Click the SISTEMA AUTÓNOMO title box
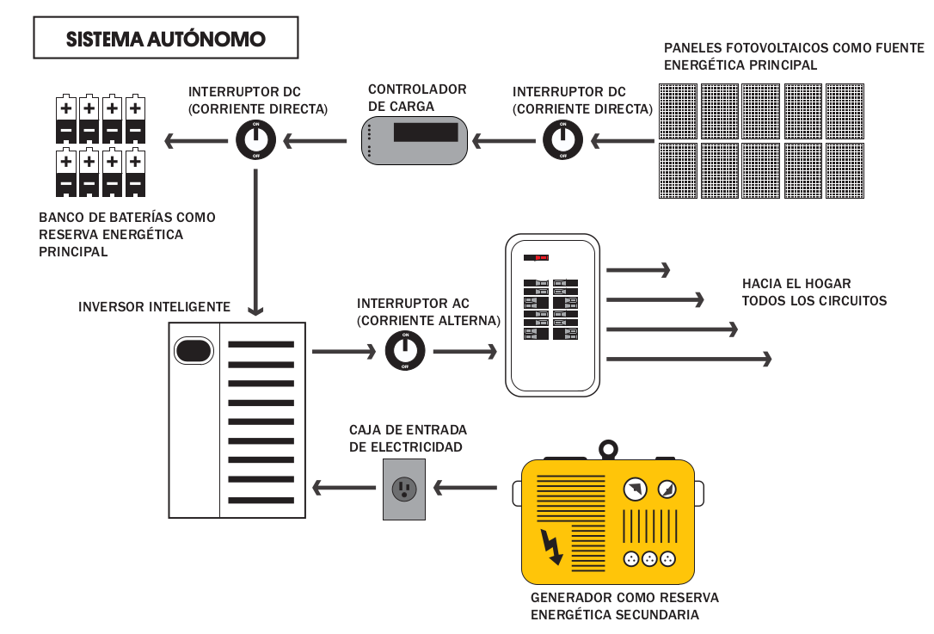[166, 40]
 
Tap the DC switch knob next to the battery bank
[255, 138]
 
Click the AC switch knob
[405, 351]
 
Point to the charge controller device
[414, 138]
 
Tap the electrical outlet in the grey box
[403, 489]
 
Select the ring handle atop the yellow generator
[608, 449]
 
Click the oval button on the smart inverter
[194, 351]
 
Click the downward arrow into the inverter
[255, 241]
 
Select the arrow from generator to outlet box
[465, 489]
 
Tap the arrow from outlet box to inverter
[343, 489]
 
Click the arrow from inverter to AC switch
[343, 351]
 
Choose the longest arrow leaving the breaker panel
[688, 360]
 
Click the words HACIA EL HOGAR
[796, 284]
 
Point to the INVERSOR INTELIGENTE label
[154, 307]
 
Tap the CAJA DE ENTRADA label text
[408, 430]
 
